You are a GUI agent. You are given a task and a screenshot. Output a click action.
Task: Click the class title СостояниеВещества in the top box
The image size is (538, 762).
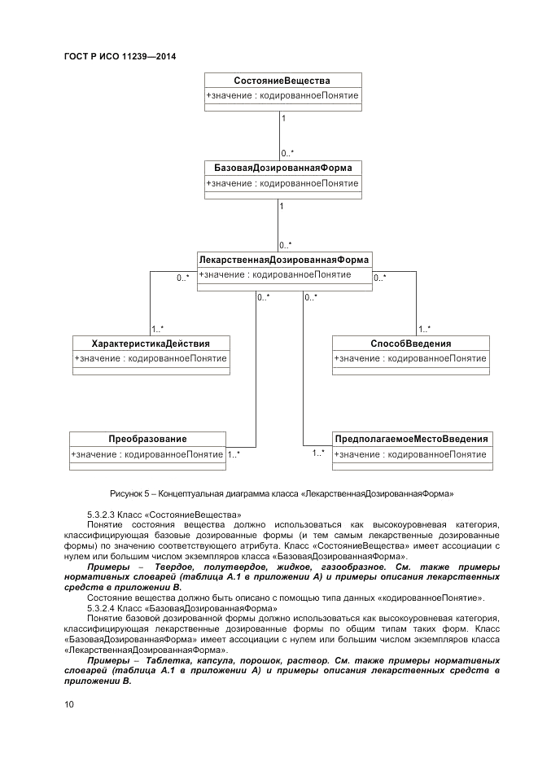[282, 80]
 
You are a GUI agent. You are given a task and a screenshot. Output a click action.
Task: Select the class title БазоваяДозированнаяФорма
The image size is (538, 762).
[282, 168]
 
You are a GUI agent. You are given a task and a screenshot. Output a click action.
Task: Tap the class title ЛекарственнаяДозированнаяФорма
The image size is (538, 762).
[283, 260]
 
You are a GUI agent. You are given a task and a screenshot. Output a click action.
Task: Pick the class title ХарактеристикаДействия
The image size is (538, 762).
[151, 344]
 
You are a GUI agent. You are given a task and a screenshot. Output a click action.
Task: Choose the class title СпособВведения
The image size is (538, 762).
[411, 344]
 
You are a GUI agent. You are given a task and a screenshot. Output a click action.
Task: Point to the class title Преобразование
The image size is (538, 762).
[147, 439]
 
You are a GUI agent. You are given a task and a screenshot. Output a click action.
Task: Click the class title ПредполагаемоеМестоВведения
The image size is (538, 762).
[412, 439]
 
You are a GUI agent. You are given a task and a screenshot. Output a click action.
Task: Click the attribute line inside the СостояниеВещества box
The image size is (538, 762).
[282, 95]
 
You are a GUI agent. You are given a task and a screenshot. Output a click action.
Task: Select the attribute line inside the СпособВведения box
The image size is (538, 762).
[411, 358]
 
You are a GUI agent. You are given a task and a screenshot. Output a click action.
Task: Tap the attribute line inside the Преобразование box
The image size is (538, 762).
[147, 454]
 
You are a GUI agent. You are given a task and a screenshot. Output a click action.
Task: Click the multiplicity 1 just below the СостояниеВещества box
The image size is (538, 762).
[283, 119]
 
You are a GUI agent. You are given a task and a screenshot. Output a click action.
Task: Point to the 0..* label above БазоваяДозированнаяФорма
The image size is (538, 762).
[287, 152]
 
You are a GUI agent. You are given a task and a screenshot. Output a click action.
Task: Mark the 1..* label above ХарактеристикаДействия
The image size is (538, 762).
[158, 329]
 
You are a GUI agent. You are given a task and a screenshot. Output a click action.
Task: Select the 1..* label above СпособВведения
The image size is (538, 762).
[425, 329]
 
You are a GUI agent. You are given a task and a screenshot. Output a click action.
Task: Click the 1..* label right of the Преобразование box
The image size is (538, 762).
[234, 454]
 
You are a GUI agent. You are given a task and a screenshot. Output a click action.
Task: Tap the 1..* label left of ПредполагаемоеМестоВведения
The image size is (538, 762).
[318, 453]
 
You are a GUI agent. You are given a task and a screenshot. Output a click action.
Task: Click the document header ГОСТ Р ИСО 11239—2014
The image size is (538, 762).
[120, 56]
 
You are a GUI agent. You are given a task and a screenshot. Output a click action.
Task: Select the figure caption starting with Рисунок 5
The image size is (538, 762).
[281, 493]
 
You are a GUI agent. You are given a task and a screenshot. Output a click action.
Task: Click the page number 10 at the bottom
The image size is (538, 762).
[69, 704]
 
